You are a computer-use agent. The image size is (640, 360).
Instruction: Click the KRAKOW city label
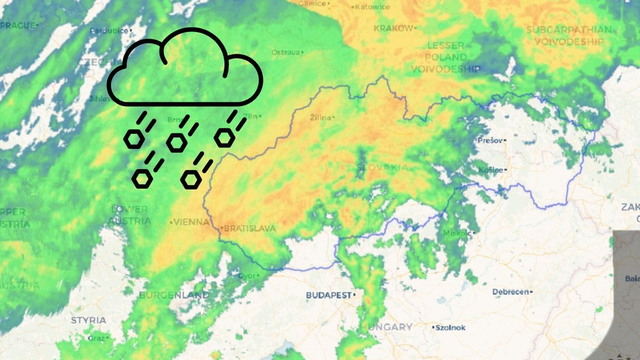[393, 28]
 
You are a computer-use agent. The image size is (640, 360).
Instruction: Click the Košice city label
[491, 170]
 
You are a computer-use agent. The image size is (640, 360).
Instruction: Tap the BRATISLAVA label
[250, 229]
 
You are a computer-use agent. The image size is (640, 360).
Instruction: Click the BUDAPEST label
[330, 296]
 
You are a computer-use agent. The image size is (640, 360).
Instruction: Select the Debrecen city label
[512, 292]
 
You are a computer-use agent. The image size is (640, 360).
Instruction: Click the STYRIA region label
[88, 320]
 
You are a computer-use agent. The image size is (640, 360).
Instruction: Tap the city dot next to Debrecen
[489, 292]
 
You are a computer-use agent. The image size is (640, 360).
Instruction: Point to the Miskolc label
[455, 233]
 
